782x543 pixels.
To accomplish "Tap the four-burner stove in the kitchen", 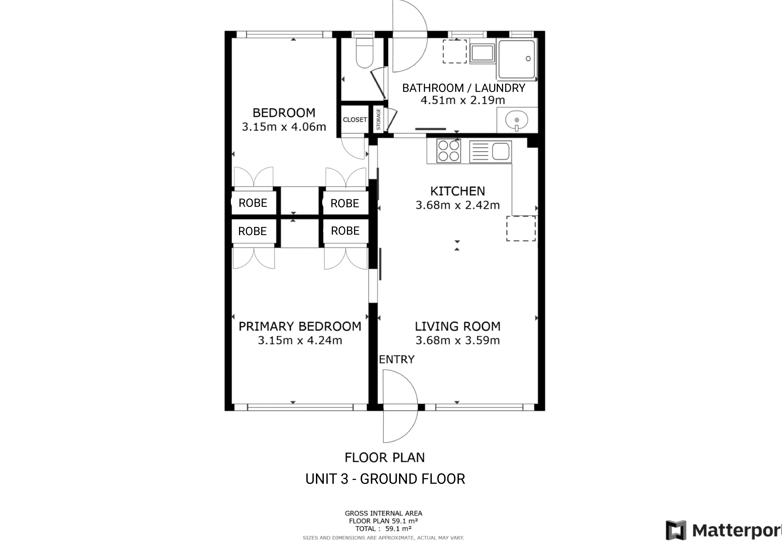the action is tap(448, 151).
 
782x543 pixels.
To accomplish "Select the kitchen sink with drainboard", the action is tap(490, 151).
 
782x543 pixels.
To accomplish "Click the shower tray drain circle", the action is tap(528, 58).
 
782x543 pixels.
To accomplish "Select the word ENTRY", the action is tap(397, 359).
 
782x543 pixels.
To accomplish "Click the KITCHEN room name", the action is tap(458, 191).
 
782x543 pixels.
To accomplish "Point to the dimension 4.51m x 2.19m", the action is tap(463, 100).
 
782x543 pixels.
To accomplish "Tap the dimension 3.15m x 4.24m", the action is tap(300, 340).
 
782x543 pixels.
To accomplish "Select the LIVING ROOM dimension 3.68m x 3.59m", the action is tap(458, 340).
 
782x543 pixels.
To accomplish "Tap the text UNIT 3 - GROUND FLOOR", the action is tap(385, 479).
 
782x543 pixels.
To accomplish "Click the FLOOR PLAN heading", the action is tap(385, 458).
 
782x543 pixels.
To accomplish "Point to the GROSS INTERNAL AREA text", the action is tap(384, 513).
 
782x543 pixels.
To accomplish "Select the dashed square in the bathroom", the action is tap(455, 51).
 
